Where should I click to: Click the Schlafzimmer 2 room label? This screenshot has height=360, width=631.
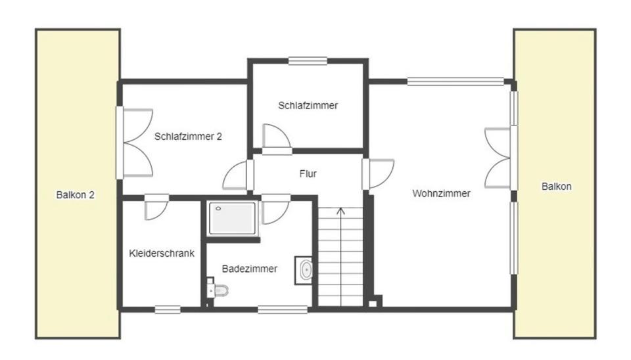[x=188, y=137]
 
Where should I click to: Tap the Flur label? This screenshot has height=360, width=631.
[x=308, y=174]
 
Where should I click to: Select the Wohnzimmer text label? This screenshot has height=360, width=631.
[x=441, y=193]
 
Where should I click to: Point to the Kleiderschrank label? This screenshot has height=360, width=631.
[x=162, y=253]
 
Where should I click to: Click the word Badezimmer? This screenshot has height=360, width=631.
[x=249, y=268]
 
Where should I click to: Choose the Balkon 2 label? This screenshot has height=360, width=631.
[x=76, y=194]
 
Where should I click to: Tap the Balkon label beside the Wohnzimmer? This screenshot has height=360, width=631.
[x=556, y=186]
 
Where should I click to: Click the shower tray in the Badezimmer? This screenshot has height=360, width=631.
[x=232, y=218]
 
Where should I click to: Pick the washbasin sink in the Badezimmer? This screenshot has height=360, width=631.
[x=305, y=270]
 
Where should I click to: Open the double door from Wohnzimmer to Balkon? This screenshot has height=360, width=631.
[x=497, y=158]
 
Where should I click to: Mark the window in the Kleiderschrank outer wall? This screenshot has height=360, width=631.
[x=168, y=309]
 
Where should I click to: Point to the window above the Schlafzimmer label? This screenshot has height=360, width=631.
[x=308, y=61]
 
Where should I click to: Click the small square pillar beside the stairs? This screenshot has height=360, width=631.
[x=373, y=303]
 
